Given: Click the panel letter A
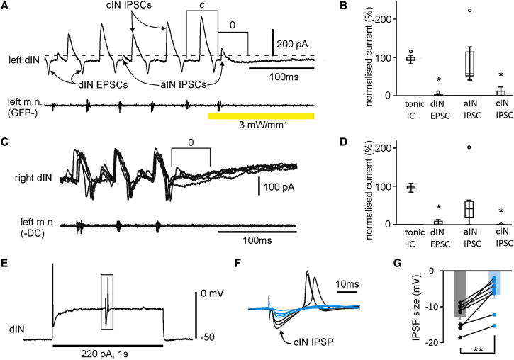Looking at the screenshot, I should (x=6, y=6).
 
